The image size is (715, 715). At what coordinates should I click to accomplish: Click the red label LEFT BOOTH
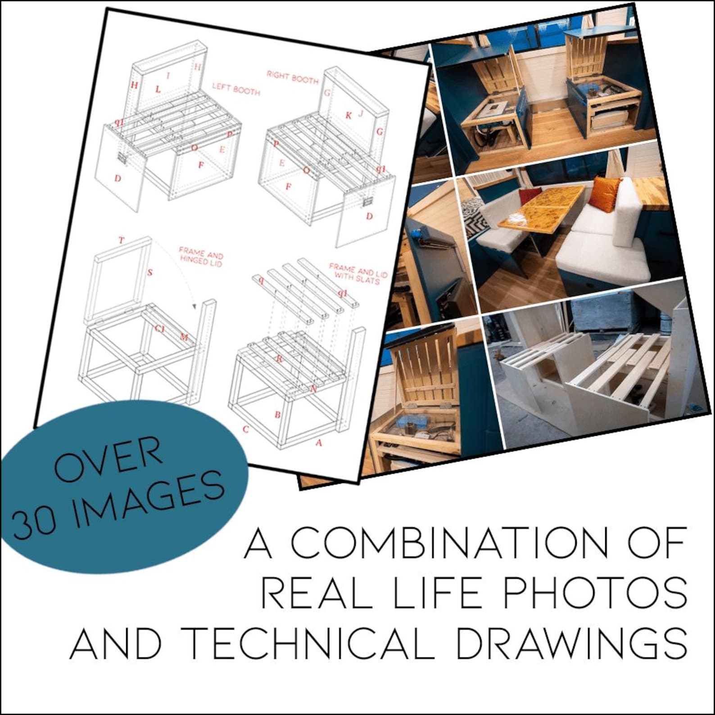(x=236, y=88)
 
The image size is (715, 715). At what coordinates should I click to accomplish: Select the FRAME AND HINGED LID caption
(x=201, y=256)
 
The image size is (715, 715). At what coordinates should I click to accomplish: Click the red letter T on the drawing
(x=121, y=240)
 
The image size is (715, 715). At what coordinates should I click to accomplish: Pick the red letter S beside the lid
(x=150, y=272)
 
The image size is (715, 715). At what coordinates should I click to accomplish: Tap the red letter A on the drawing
(x=319, y=443)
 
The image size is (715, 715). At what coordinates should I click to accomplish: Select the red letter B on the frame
(x=278, y=414)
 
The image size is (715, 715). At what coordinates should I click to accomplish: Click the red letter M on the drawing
(x=184, y=337)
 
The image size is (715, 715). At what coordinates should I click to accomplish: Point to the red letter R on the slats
(x=279, y=359)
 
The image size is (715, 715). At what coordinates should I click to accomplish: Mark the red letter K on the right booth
(x=348, y=115)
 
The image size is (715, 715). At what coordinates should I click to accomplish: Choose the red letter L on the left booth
(x=158, y=89)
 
